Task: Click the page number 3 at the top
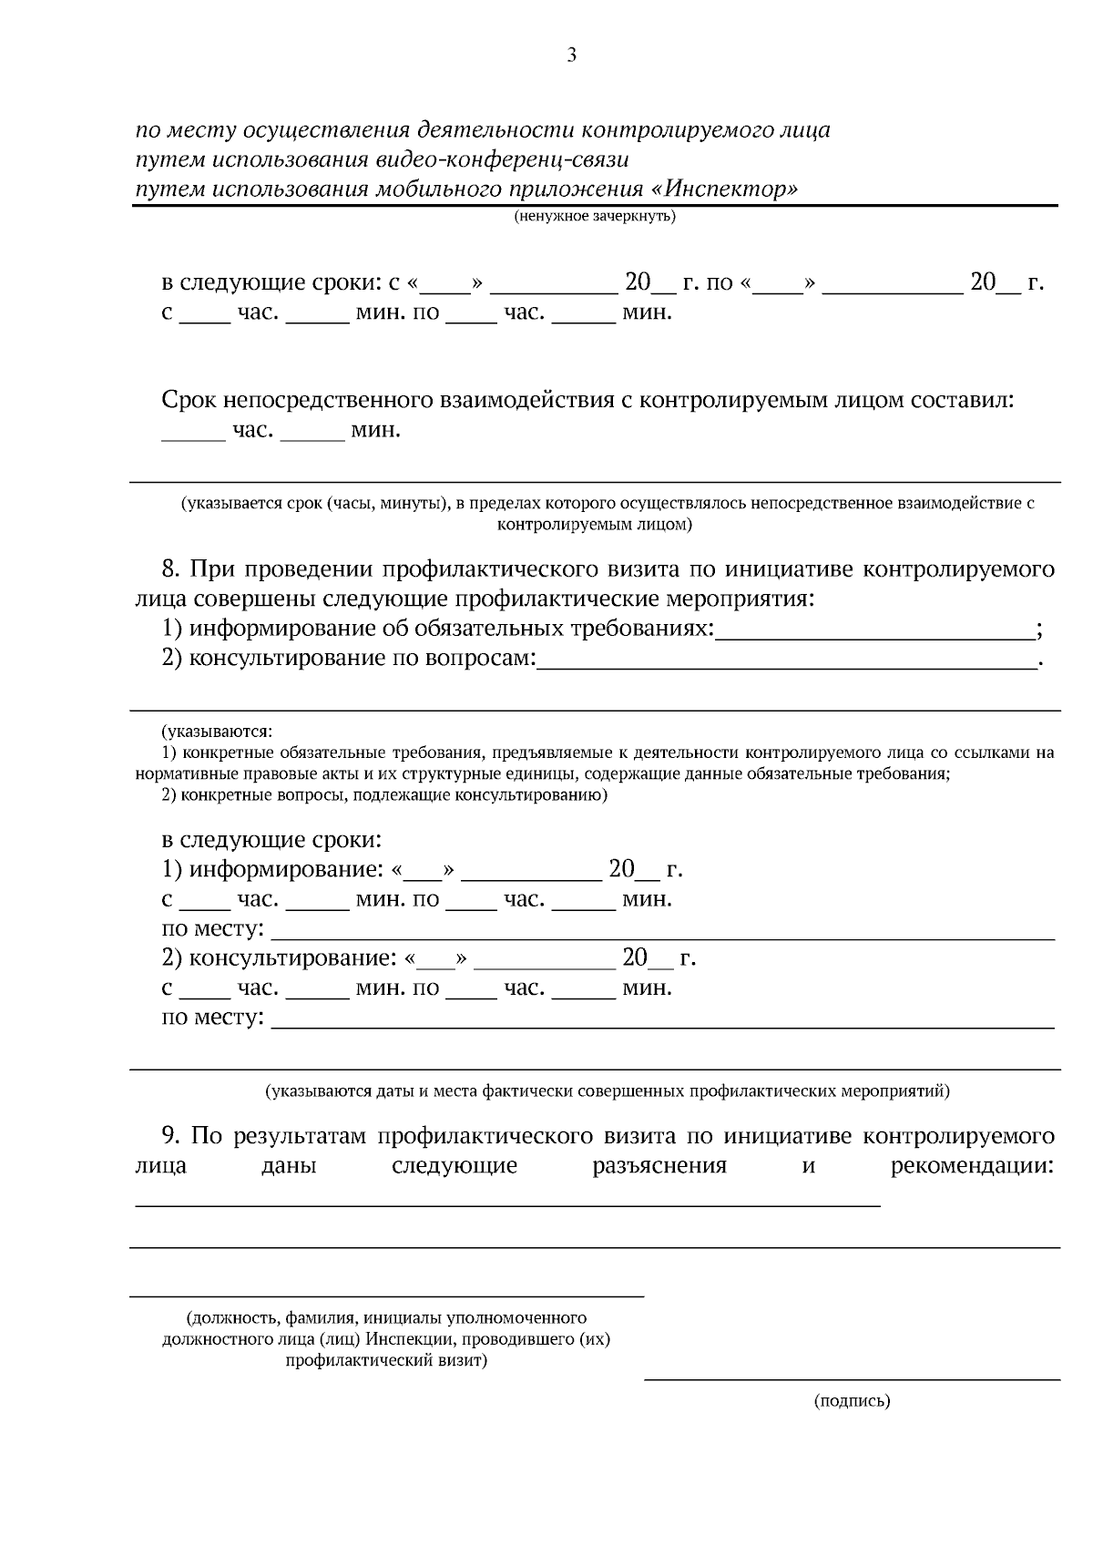coord(571,56)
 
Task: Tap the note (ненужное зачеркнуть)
coord(594,217)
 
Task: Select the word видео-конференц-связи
coord(502,159)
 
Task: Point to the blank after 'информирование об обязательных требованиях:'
coord(874,630)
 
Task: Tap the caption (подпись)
coord(852,1401)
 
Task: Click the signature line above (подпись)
coord(852,1378)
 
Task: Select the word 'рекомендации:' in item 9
coord(972,1166)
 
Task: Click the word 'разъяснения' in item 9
coord(659,1166)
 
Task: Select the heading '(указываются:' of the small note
coord(217,732)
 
